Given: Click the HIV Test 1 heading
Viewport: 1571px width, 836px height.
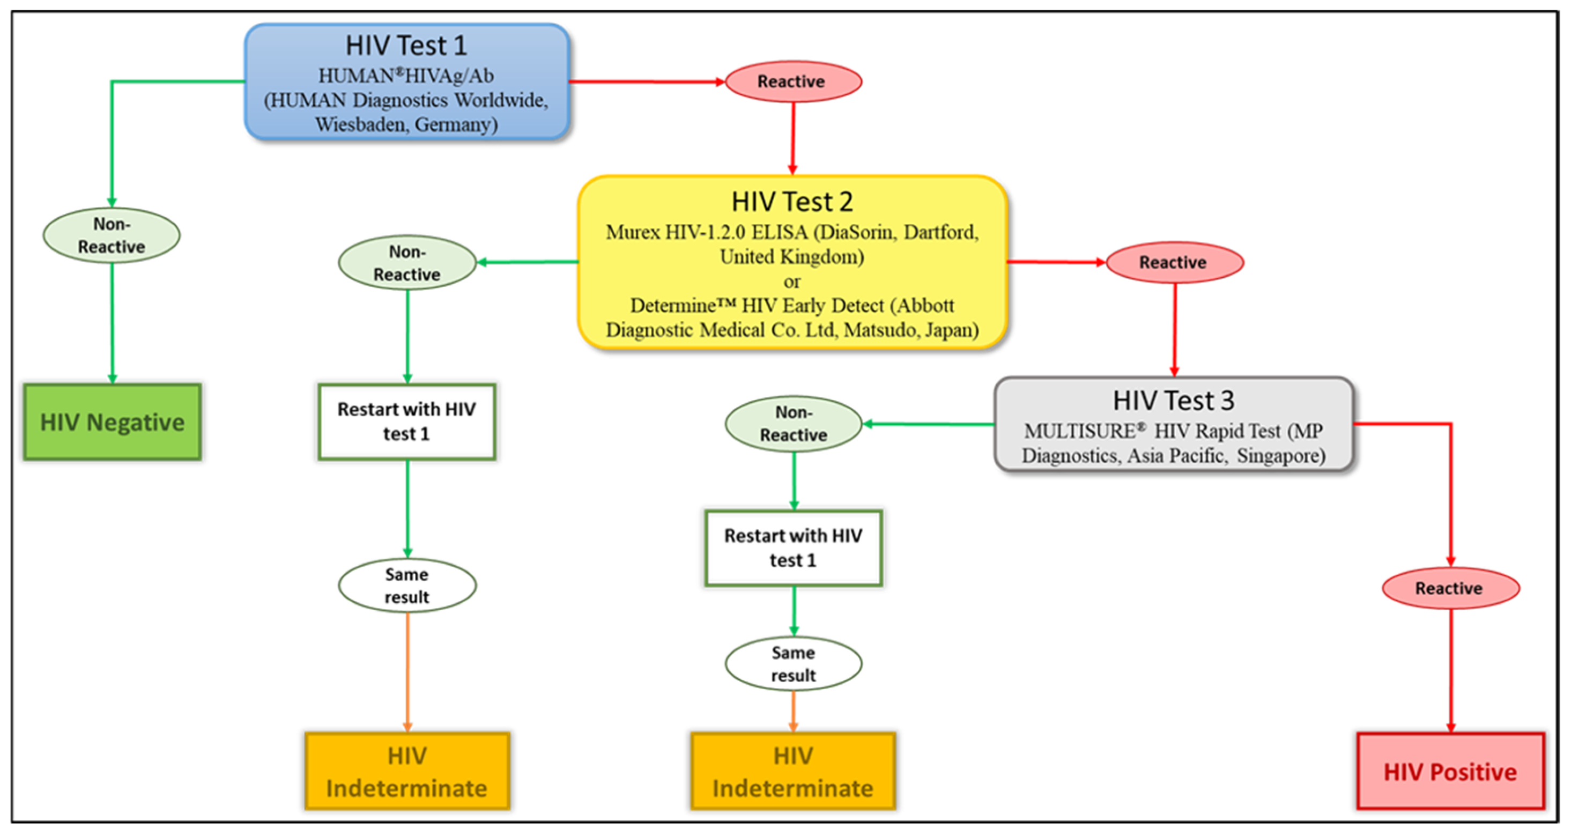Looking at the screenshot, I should (x=406, y=46).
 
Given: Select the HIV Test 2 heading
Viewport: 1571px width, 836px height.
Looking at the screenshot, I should (x=791, y=202).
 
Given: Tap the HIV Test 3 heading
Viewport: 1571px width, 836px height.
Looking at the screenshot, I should (x=1173, y=401).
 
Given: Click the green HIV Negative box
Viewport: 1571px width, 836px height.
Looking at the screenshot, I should (x=112, y=422).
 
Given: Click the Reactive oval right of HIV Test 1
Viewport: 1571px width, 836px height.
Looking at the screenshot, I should (x=791, y=81).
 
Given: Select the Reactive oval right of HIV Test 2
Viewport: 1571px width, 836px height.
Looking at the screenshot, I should (x=1173, y=262).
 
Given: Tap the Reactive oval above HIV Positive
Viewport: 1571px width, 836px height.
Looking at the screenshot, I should (x=1449, y=588).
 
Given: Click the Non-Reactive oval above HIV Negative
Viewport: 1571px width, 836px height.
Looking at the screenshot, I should (x=112, y=235).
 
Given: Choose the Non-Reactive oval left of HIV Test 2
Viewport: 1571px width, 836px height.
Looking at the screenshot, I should (x=407, y=263).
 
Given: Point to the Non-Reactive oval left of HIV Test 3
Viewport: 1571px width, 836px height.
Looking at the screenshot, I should (x=793, y=424).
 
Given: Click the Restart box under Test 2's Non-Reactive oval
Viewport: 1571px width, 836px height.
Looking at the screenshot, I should (x=407, y=421).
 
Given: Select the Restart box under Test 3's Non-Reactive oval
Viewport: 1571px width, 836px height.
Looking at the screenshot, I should (x=793, y=548).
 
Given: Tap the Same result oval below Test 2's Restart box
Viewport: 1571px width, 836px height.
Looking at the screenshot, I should (x=407, y=586).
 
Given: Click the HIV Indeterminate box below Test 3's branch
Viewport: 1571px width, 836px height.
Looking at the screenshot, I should (x=793, y=771).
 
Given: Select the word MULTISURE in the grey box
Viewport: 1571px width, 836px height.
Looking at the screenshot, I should (x=1079, y=431).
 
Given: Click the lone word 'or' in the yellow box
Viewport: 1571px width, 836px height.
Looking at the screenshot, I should (x=791, y=282).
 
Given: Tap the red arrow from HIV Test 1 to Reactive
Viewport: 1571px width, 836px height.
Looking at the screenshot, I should (x=647, y=81).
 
